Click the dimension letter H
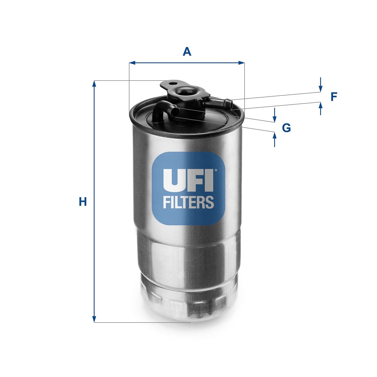[83, 202]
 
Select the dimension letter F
[334, 97]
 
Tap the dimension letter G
[286, 128]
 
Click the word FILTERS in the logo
[188, 202]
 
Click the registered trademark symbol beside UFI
[215, 171]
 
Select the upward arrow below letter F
[320, 106]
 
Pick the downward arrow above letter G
[275, 118]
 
